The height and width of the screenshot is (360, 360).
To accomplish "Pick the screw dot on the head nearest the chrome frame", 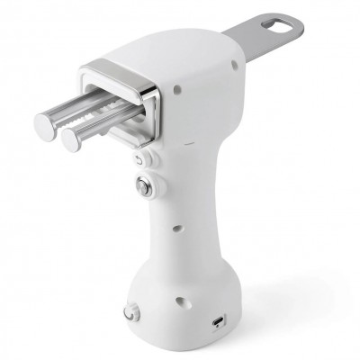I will point(178,88).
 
